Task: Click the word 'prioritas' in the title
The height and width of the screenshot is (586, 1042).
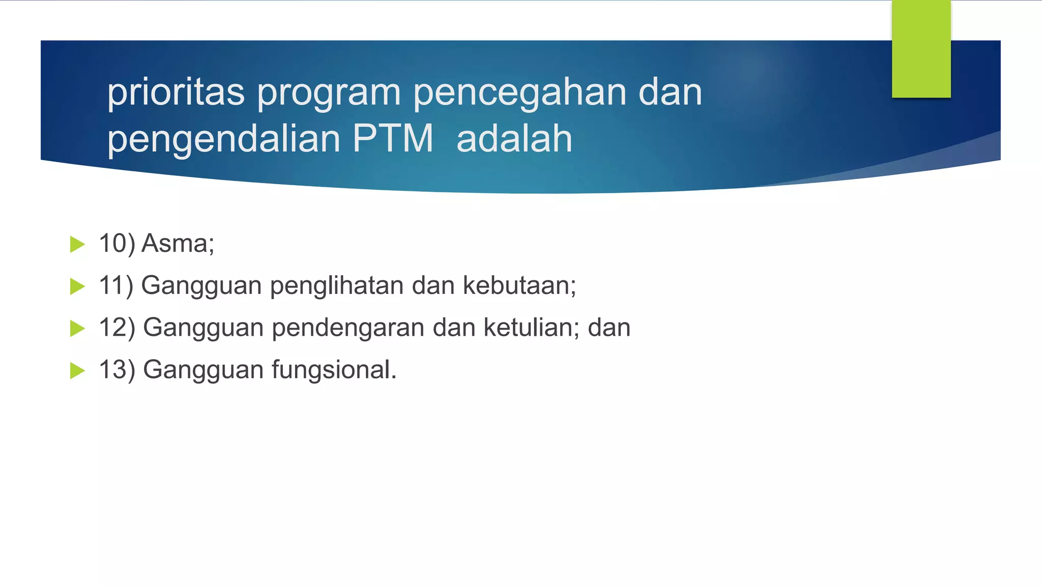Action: (176, 93)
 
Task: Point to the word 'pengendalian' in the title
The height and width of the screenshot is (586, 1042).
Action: (223, 139)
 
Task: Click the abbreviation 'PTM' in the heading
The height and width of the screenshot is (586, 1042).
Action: (392, 138)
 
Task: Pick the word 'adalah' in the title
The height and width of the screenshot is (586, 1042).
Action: (514, 138)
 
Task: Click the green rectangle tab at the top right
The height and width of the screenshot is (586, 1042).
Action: (921, 49)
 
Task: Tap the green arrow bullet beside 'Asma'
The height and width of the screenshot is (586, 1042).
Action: (77, 244)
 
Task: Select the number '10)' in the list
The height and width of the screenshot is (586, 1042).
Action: (117, 244)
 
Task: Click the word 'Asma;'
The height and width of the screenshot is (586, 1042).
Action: (178, 244)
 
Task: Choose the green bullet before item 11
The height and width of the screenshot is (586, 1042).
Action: (77, 286)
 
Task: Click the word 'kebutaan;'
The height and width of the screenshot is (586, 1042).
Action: (519, 285)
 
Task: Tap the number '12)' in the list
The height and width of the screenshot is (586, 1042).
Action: (117, 328)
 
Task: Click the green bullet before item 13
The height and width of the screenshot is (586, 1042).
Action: (77, 370)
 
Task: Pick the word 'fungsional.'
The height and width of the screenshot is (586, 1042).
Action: (334, 370)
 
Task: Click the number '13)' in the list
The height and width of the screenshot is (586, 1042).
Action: (117, 370)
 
